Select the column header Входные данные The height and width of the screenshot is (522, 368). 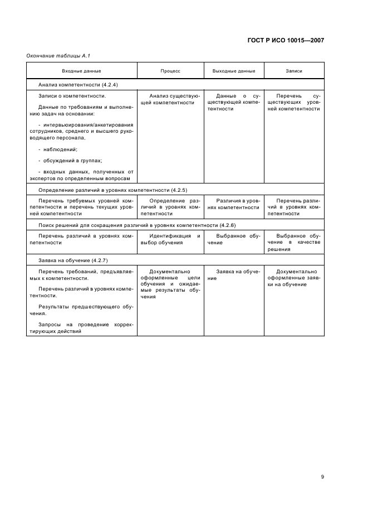pos(81,71)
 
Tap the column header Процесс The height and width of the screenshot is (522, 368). pos(170,71)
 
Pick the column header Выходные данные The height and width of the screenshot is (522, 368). pos(234,71)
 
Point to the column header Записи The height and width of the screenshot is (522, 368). pos(294,71)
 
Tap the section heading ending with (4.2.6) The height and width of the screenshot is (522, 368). pos(138,225)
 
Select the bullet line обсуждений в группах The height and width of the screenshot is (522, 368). pos(70,160)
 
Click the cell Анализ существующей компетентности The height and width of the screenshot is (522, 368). pos(170,99)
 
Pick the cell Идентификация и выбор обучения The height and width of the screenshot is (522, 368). pos(170,239)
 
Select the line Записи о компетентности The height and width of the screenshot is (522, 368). pos(72,96)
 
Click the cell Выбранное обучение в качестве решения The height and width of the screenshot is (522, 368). pos(294,243)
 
